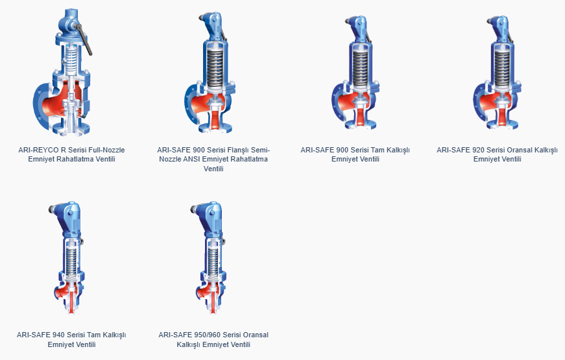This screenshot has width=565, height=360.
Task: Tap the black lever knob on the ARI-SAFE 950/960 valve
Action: [193, 208]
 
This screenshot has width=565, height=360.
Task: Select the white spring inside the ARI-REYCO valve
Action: [73, 59]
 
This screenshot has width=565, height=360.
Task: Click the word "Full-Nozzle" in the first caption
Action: [106, 150]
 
